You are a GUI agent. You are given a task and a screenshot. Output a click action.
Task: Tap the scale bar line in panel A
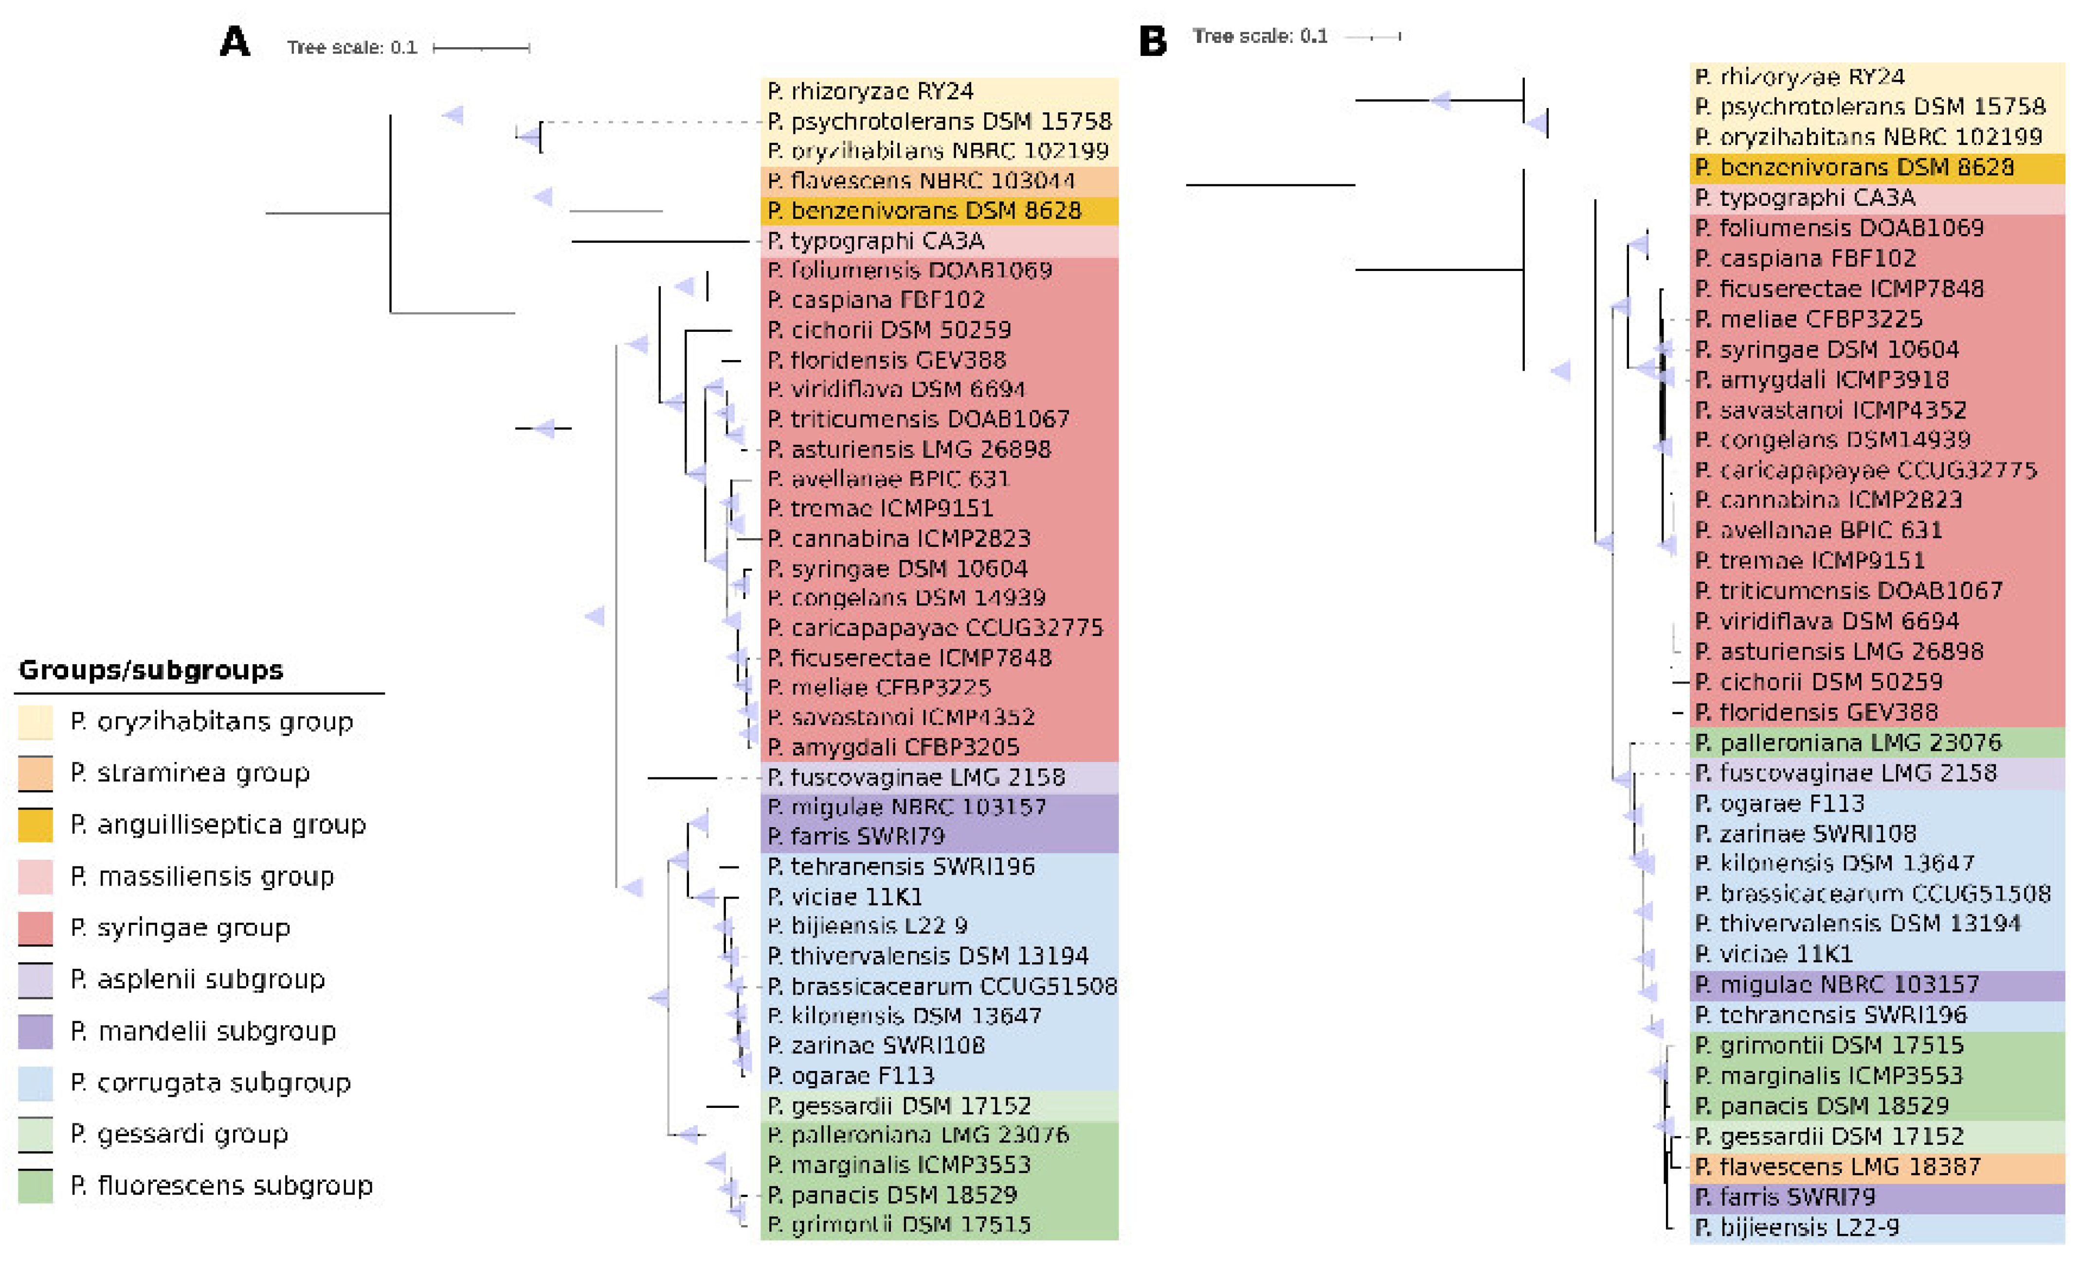click(x=481, y=48)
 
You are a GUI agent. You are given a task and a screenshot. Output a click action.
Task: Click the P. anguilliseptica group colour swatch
click(x=36, y=825)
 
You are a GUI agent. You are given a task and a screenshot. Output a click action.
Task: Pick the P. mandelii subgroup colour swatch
click(x=36, y=1031)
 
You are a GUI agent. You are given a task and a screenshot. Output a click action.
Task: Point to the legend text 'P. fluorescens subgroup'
click(x=221, y=1186)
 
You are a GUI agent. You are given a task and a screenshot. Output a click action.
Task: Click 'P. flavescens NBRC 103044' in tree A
click(x=921, y=181)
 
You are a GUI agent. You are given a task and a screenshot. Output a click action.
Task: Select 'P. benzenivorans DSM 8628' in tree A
click(x=924, y=210)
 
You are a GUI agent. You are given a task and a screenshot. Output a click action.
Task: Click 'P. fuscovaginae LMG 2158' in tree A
click(x=916, y=777)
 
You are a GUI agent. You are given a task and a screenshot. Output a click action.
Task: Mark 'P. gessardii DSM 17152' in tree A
click(x=900, y=1105)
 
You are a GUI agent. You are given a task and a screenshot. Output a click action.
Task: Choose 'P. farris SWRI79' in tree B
click(x=1785, y=1197)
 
